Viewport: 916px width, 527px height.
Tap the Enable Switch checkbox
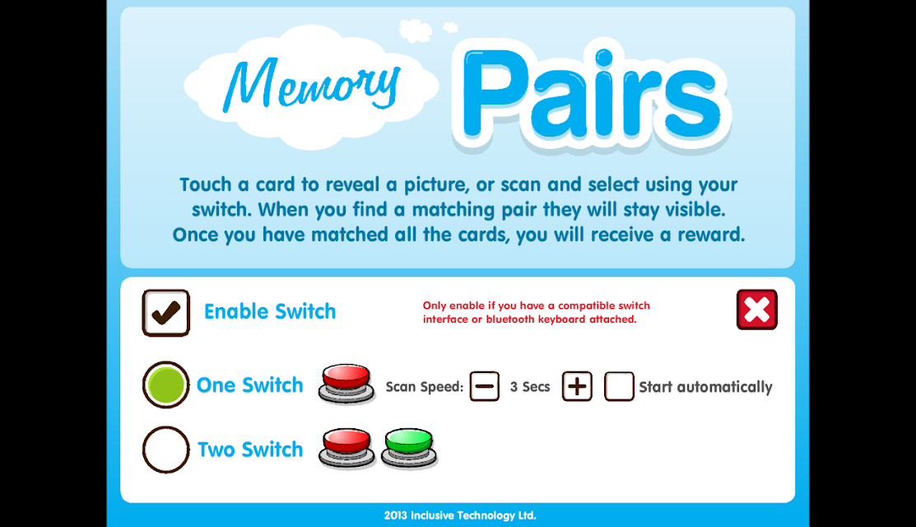(166, 313)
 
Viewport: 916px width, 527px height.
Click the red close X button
(757, 310)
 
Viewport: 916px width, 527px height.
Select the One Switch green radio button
(166, 385)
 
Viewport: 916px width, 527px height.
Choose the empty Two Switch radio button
(166, 450)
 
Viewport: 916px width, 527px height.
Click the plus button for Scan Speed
(577, 386)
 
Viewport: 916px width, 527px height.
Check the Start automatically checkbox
(619, 386)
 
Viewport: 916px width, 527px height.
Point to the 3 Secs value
(530, 387)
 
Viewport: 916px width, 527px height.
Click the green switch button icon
(409, 448)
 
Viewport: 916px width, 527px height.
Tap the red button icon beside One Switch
(346, 384)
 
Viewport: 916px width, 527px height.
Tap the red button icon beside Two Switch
(346, 448)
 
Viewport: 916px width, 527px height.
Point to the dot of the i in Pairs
(604, 58)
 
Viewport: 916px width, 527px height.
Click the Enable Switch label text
(270, 311)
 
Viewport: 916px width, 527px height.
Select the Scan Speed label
(424, 387)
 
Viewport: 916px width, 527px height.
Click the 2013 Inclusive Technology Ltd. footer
(460, 515)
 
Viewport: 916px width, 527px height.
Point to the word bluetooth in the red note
(510, 319)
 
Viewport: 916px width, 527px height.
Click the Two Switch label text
(250, 450)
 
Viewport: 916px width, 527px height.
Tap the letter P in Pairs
(495, 94)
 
